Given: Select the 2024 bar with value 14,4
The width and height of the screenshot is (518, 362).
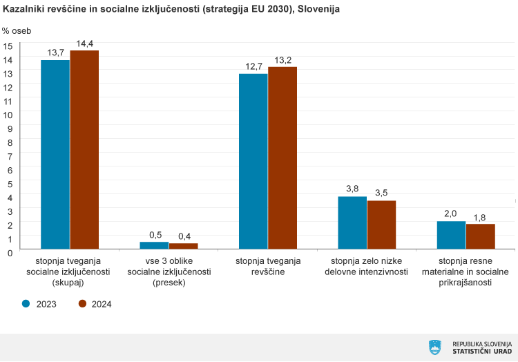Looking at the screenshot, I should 84,149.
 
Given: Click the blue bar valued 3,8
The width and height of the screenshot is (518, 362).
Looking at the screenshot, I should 352,222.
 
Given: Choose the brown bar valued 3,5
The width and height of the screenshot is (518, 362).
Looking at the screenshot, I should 381,225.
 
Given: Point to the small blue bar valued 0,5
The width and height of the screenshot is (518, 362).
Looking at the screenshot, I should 154,245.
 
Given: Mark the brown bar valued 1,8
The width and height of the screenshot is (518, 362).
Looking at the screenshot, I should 481,236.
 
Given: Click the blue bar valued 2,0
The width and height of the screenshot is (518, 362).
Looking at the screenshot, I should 451,235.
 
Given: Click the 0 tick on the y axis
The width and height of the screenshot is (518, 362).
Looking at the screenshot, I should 10,252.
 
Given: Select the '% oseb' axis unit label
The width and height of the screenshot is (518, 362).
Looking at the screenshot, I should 16,30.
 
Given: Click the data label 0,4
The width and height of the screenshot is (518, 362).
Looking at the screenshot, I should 184,236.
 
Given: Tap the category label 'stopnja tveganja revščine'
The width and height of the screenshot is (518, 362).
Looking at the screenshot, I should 268,266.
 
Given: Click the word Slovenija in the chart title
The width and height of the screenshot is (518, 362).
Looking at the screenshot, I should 318,10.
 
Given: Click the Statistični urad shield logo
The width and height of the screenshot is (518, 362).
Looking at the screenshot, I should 434,347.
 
